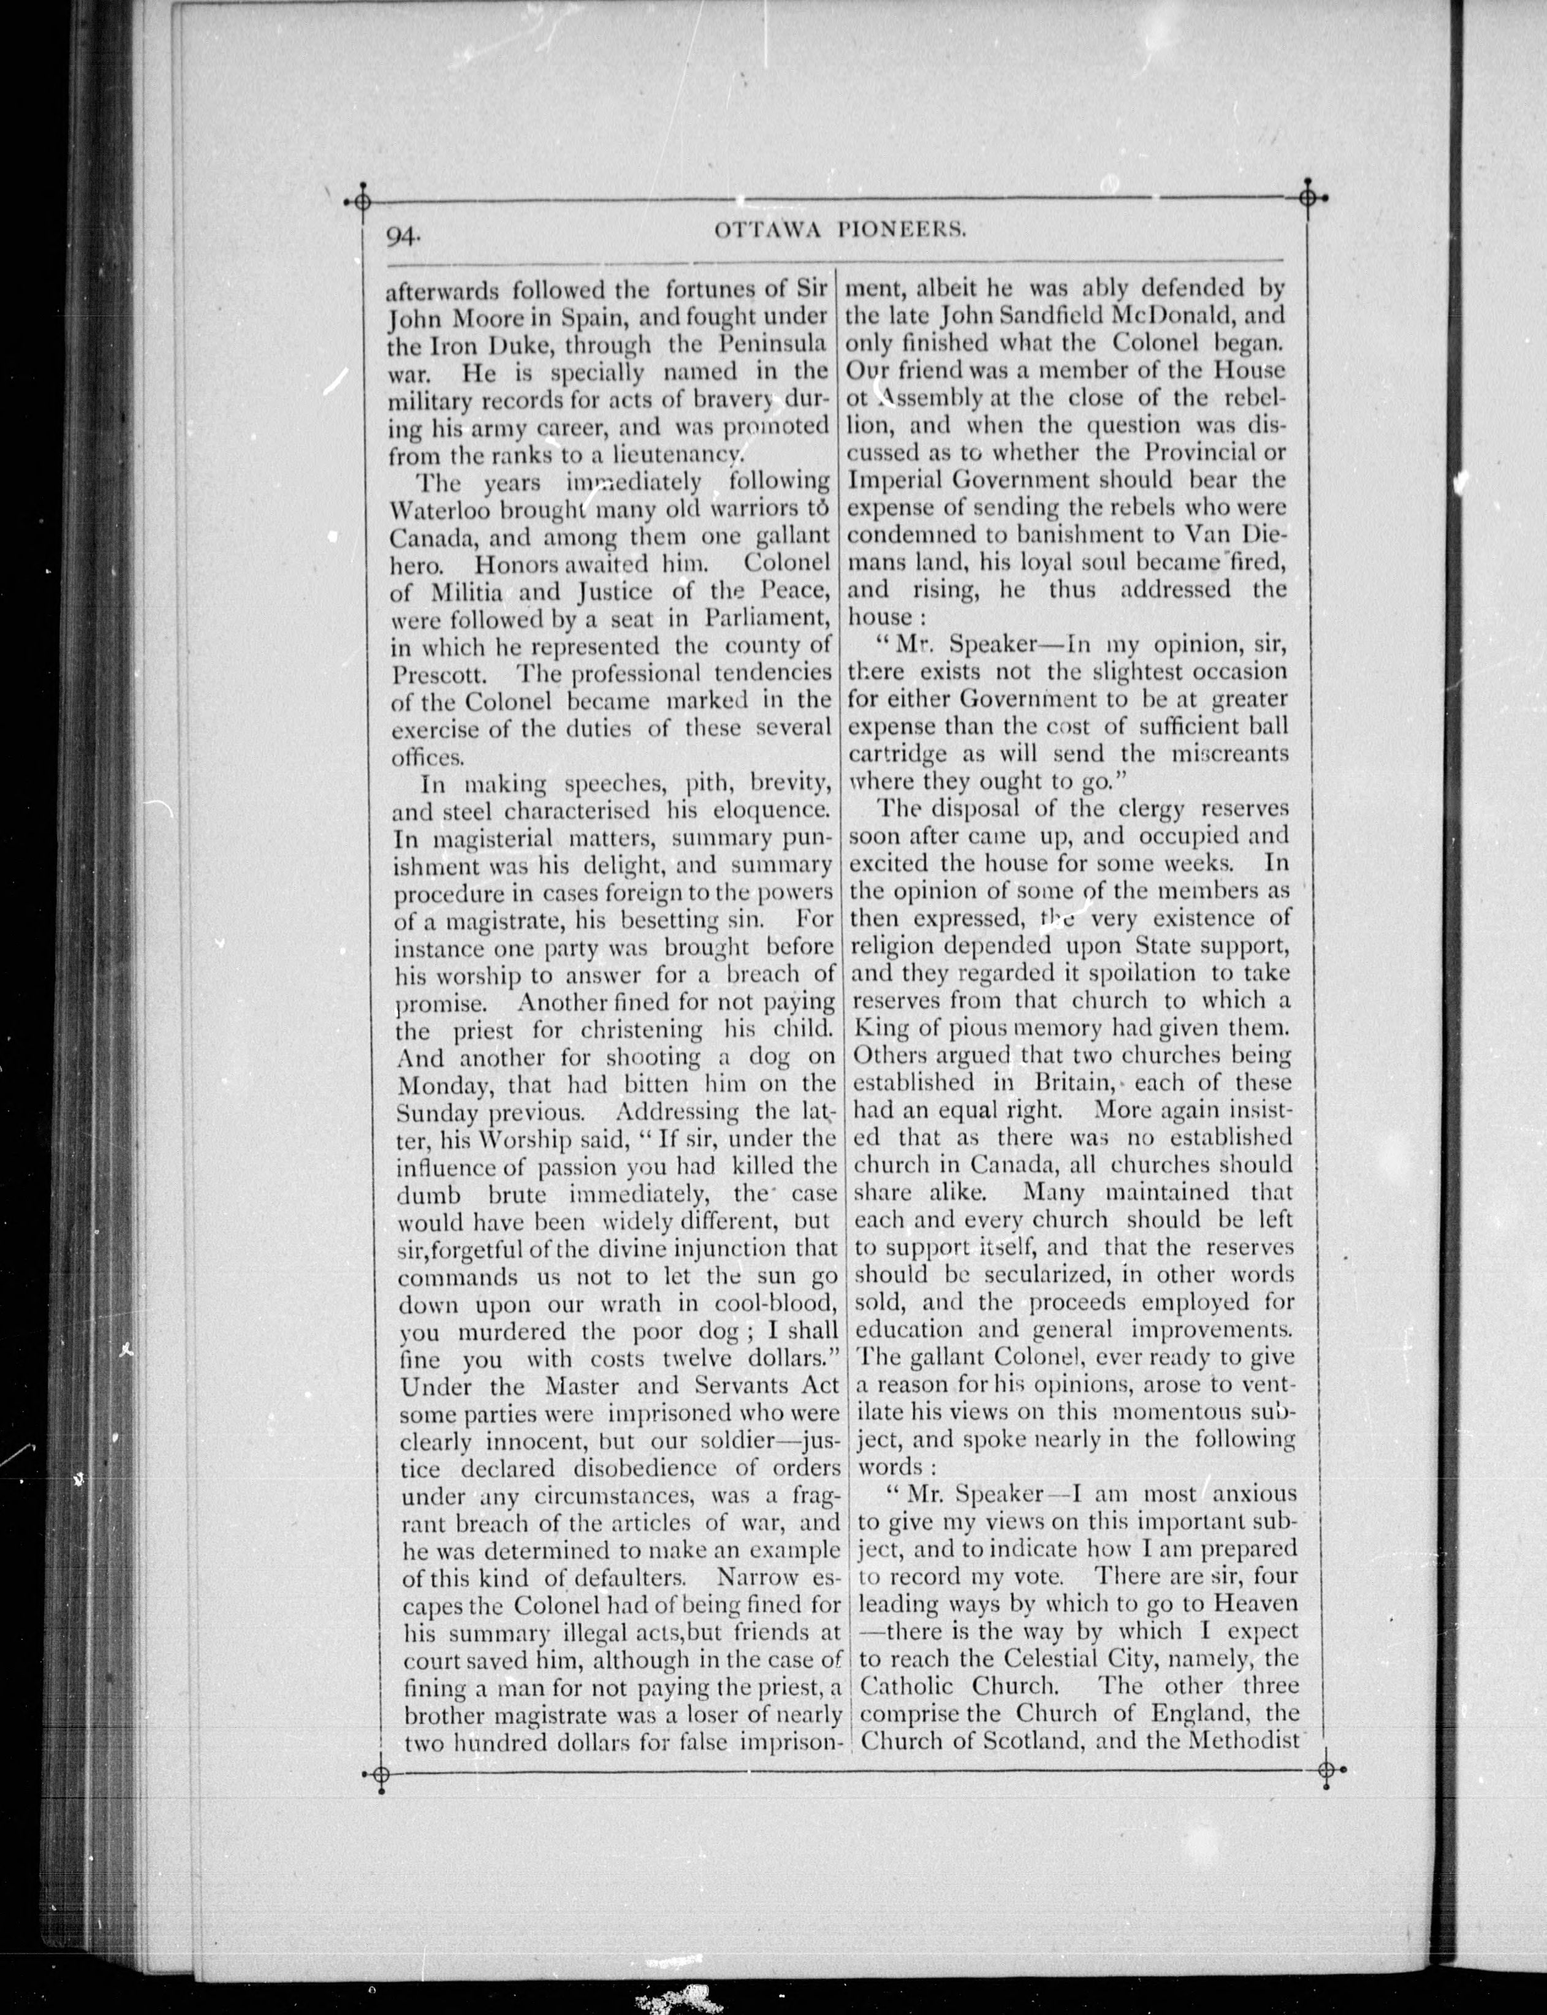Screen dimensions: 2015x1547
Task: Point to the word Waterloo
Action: pos(447,509)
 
